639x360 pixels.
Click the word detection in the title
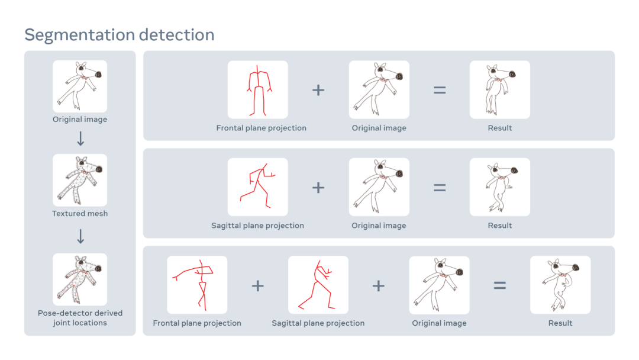tap(176, 35)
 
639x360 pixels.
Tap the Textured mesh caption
tap(80, 213)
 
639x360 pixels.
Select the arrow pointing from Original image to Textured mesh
tap(80, 139)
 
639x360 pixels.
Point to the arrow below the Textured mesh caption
tap(80, 236)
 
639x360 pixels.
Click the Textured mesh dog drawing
tap(80, 180)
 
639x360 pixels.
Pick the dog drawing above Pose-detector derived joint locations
tap(80, 279)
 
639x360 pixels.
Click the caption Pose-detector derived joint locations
tap(80, 318)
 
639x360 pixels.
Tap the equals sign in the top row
tap(439, 90)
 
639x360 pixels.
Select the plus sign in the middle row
tap(318, 188)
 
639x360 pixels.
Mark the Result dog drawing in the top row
tap(499, 89)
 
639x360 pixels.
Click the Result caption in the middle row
tap(499, 226)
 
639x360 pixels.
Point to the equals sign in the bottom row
tap(499, 285)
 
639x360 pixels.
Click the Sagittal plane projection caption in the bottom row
tap(318, 323)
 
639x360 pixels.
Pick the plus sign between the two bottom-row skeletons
tap(257, 285)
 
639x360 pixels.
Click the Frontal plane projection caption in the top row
tap(262, 128)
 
